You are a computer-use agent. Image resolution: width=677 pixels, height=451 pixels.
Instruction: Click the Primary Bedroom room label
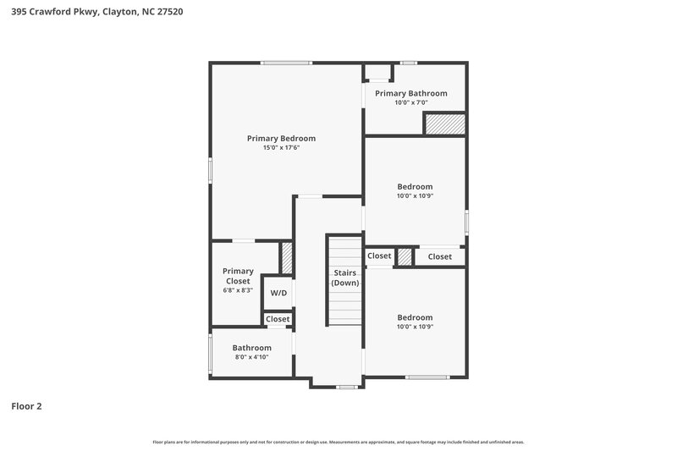[281, 138]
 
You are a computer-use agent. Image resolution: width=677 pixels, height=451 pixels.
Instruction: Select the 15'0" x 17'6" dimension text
[281, 148]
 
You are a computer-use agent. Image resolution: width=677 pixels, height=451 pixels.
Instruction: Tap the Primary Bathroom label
[411, 93]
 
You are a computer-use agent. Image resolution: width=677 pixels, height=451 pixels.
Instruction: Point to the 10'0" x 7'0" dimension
[411, 102]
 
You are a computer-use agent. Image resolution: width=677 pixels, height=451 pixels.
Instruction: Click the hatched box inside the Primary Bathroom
[444, 124]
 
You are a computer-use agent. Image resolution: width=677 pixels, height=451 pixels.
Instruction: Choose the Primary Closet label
[238, 276]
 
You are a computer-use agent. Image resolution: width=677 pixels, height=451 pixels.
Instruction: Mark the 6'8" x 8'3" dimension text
[238, 290]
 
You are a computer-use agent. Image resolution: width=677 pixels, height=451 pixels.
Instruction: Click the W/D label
[278, 293]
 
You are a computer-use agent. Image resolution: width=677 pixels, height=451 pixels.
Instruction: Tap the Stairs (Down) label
[344, 278]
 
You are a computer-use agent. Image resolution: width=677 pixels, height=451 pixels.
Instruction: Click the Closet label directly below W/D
[278, 319]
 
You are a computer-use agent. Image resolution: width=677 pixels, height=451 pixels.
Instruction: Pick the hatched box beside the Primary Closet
[286, 257]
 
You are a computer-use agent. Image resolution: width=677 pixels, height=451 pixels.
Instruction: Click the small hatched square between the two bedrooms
[405, 256]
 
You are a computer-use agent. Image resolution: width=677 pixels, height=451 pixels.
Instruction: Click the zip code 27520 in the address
[166, 12]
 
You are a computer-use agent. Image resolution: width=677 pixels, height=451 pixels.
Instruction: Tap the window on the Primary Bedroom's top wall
[286, 63]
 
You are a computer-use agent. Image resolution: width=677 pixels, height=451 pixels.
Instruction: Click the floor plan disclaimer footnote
[338, 442]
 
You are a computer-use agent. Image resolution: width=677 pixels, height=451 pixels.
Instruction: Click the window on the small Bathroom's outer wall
[211, 354]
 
